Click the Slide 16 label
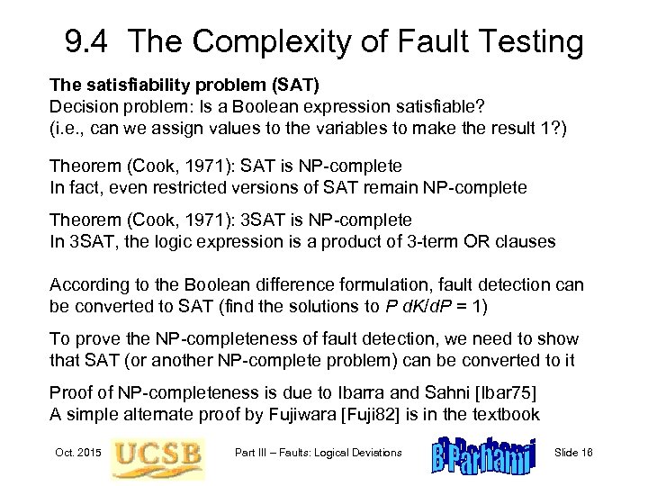(x=584, y=452)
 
